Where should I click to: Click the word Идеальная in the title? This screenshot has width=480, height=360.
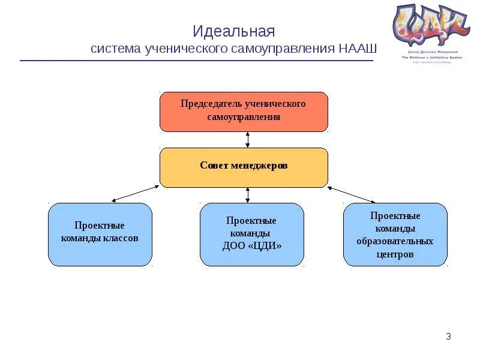[234, 31]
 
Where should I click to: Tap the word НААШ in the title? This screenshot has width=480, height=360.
[358, 49]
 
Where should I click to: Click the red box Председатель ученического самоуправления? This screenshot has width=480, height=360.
[244, 112]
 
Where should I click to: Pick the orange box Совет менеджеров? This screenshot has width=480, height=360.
[244, 167]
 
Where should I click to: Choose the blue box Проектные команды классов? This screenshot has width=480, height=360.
[100, 234]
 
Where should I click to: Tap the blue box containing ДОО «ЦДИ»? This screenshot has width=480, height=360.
[251, 234]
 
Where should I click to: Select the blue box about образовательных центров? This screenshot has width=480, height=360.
[395, 234]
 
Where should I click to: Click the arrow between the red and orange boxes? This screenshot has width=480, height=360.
[248, 140]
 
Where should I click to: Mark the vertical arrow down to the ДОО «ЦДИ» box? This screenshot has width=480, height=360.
[248, 195]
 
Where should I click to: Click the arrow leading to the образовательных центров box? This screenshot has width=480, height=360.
[352, 194]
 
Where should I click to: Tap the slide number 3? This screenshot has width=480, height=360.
[448, 337]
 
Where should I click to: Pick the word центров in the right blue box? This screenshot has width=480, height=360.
[395, 254]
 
